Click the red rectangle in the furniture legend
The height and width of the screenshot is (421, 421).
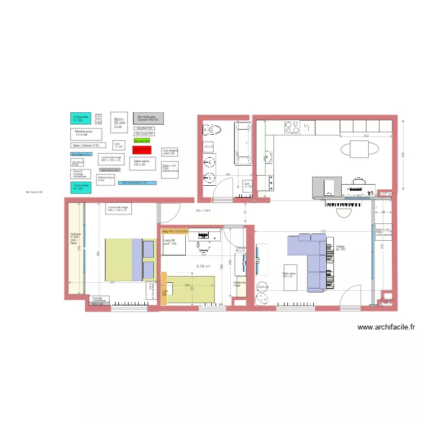click(142, 150)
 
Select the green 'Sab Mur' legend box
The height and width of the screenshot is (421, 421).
click(141, 141)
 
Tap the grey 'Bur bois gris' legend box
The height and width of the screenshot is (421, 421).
click(148, 118)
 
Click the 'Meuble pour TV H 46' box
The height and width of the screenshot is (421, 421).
click(86, 134)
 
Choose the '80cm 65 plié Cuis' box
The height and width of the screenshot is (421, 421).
click(118, 123)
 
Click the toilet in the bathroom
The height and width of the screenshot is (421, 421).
click(212, 130)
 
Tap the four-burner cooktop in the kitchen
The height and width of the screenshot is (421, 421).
click(292, 127)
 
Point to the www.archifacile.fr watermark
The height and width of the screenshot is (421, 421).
click(386, 327)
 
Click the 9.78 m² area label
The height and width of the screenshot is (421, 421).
click(203, 267)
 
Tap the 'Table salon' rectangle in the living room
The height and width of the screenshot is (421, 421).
click(290, 277)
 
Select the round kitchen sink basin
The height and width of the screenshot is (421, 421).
click(267, 156)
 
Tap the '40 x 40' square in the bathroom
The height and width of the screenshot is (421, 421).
click(209, 147)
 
